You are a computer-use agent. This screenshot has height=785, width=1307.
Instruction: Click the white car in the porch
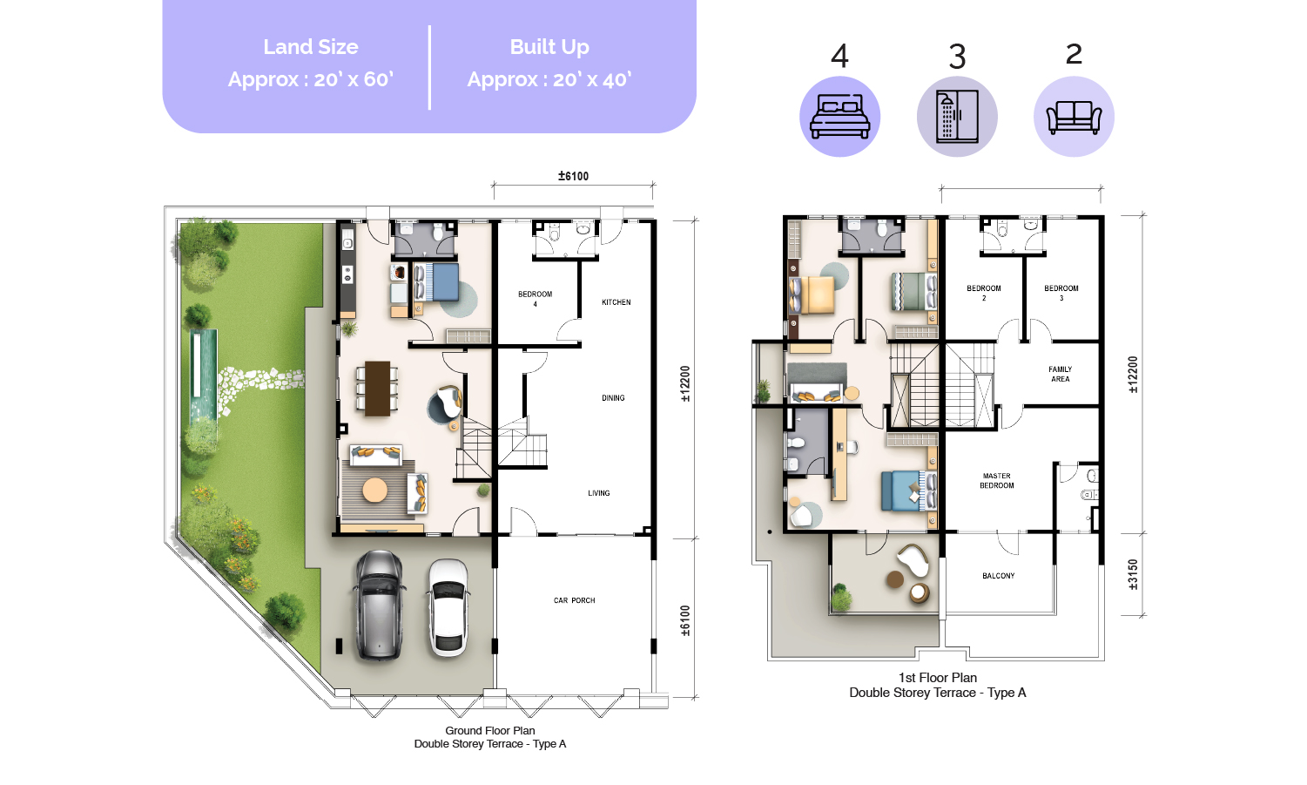(x=448, y=607)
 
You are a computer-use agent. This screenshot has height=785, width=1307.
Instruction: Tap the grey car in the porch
(x=380, y=605)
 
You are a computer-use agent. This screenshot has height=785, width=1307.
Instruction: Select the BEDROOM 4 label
(x=535, y=299)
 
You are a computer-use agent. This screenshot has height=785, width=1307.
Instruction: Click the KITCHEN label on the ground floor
(x=616, y=302)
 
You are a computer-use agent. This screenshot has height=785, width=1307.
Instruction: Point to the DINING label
(x=613, y=398)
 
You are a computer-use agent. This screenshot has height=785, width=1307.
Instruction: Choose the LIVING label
(x=599, y=493)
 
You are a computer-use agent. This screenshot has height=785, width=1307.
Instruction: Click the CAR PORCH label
(x=574, y=600)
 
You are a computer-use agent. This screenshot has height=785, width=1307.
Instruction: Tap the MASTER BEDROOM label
(x=997, y=480)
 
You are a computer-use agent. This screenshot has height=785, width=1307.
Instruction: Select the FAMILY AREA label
(x=1061, y=374)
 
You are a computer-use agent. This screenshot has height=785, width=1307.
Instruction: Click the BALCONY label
(x=999, y=576)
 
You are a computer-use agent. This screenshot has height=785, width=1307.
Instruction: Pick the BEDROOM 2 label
(x=984, y=293)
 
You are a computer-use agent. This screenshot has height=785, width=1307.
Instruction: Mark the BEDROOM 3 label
(x=1061, y=293)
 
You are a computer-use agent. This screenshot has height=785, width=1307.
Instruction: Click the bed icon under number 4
(x=839, y=117)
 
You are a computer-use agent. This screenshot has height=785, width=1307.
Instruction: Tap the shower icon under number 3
(x=957, y=116)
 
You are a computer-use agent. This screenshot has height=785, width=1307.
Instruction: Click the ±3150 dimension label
(x=1133, y=574)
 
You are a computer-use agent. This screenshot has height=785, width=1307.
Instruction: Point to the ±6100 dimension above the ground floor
(x=573, y=176)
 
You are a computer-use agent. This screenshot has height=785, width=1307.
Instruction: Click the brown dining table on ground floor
(x=378, y=389)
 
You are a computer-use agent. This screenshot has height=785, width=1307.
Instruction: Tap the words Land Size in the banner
(x=311, y=47)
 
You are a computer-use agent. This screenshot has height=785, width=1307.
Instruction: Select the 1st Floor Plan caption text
(x=937, y=678)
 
